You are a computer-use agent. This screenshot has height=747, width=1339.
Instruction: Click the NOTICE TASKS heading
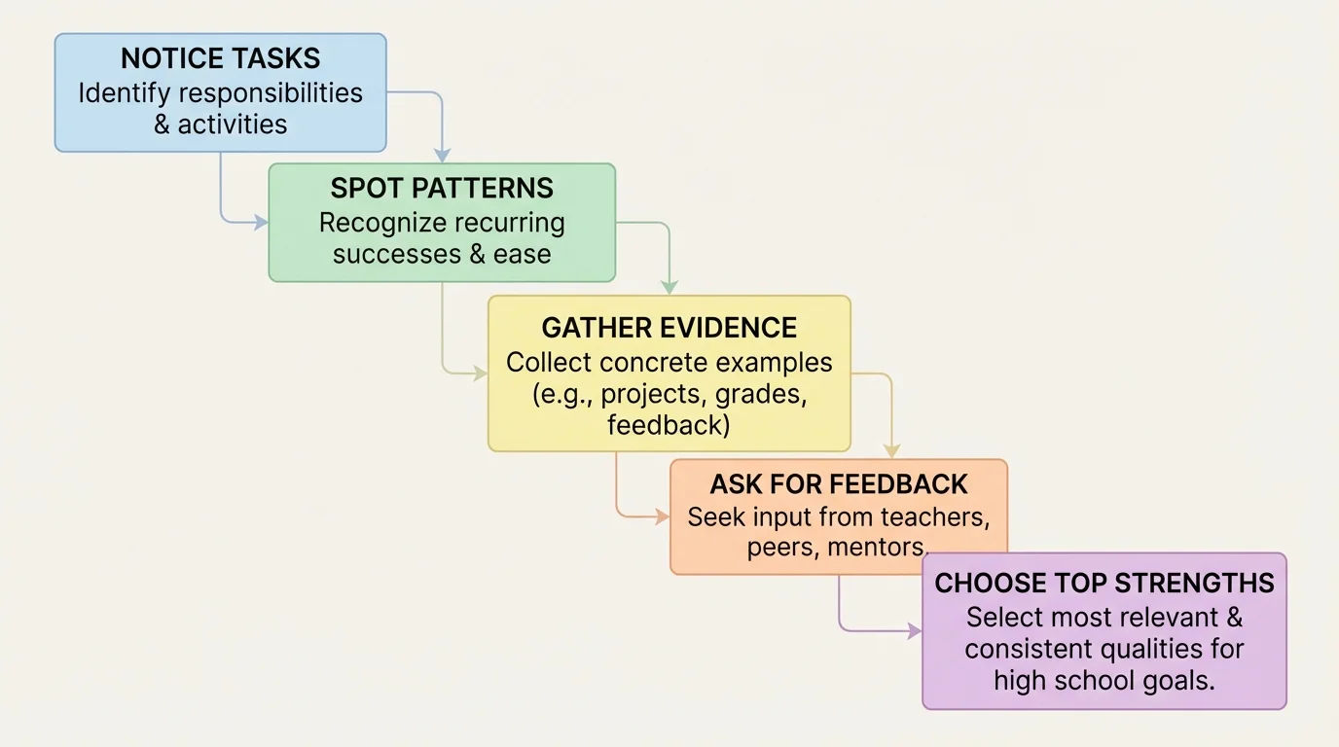220,58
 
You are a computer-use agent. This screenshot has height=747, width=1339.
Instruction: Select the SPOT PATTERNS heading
442,188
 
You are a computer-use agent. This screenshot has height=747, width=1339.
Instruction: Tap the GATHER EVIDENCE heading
669,328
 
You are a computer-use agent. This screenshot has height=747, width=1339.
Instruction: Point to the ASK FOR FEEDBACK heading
839,484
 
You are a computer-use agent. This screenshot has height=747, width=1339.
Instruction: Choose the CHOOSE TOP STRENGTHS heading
1104,584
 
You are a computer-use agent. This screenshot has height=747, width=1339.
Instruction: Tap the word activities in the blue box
233,124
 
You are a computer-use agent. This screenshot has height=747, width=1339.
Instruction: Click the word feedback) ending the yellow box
669,425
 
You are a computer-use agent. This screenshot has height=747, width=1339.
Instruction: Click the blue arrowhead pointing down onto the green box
442,156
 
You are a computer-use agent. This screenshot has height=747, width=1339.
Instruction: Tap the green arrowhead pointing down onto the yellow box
669,288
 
